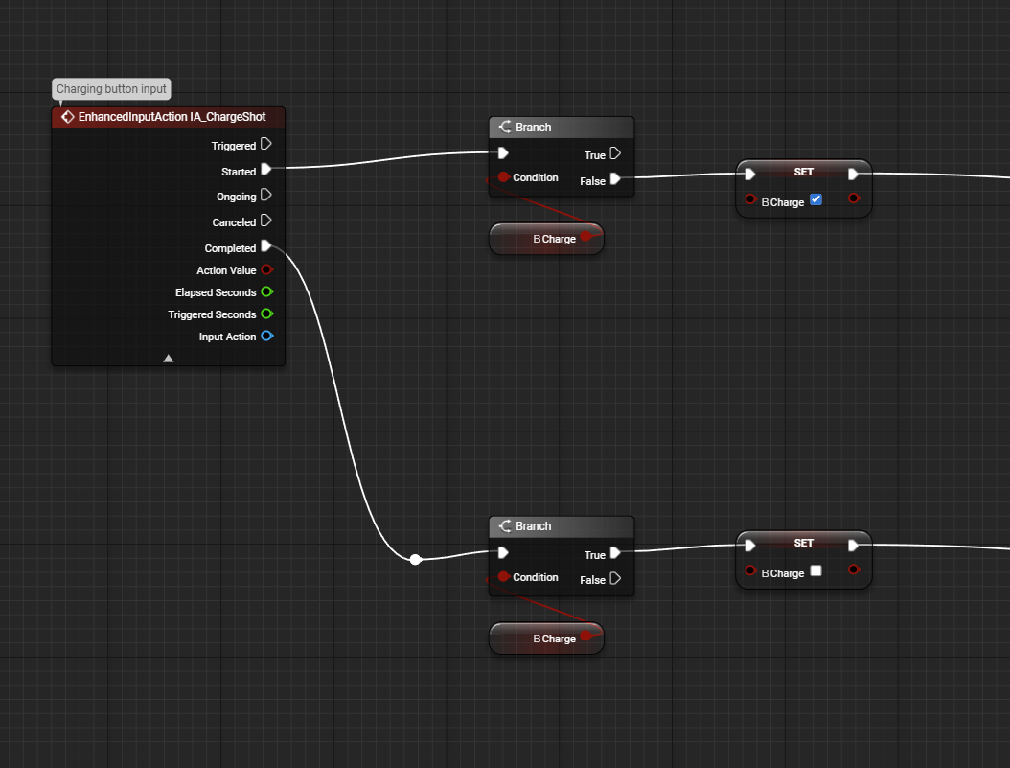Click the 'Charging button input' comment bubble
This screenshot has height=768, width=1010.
tap(111, 89)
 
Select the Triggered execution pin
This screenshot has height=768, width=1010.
tap(266, 144)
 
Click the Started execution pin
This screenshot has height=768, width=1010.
tap(266, 170)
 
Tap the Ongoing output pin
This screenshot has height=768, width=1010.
tap(266, 195)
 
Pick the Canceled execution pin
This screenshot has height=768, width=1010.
tap(266, 221)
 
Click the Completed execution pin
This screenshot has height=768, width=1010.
tap(266, 246)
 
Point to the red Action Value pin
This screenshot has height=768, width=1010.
tap(267, 269)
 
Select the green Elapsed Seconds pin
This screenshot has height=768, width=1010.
tap(267, 291)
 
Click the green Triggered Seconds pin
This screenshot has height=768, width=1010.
tap(267, 314)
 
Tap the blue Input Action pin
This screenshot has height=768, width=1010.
tap(267, 336)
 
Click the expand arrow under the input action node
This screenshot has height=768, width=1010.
tap(168, 359)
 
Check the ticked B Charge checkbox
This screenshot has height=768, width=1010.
tap(815, 199)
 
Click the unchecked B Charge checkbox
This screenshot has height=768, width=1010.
tap(815, 570)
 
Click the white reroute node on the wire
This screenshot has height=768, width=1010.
tap(416, 559)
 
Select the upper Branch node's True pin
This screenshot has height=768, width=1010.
tap(615, 153)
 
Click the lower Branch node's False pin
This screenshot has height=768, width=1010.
tap(615, 578)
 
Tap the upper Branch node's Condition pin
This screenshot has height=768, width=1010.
tap(504, 176)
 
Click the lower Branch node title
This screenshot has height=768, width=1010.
tap(534, 526)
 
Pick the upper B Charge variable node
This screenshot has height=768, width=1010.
tap(546, 239)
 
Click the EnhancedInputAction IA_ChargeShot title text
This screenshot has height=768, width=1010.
tap(172, 117)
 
